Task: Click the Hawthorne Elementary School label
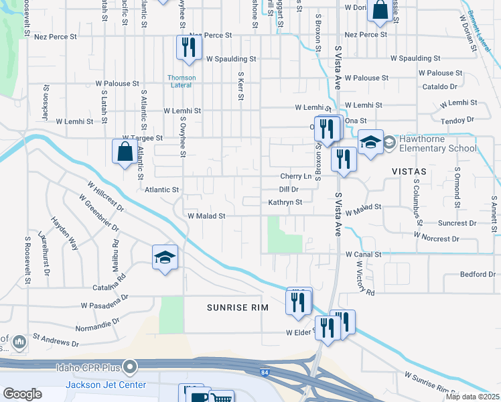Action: [x=438, y=143]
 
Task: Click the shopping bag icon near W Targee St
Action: [x=125, y=151]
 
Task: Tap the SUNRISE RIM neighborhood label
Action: [x=236, y=307]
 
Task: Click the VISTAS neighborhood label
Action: [x=410, y=172]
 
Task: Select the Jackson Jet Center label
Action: [x=98, y=385]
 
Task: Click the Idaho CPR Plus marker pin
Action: [x=130, y=366]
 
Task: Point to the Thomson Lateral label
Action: [x=182, y=82]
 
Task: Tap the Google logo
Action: [x=22, y=394]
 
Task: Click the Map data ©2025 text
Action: [x=472, y=397]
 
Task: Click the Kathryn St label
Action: [x=285, y=202]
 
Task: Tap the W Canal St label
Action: [x=363, y=255]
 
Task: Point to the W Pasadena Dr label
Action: [x=104, y=302]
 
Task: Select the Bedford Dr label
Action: [x=478, y=274]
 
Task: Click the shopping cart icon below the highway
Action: [x=221, y=397]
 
